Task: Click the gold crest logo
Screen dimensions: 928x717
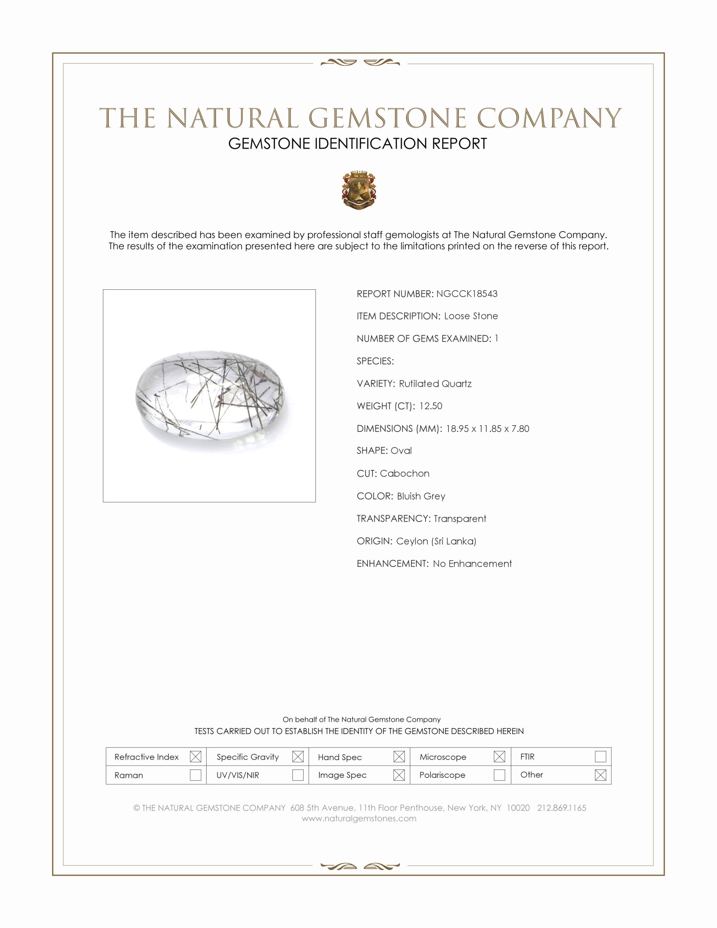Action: click(x=359, y=190)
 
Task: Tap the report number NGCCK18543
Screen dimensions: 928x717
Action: click(x=466, y=294)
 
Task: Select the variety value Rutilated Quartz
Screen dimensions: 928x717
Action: click(x=435, y=384)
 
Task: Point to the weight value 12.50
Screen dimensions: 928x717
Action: click(x=430, y=406)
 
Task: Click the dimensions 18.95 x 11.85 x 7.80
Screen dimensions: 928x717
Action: click(x=487, y=429)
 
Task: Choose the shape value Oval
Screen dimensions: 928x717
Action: click(x=401, y=451)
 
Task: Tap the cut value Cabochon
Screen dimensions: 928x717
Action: click(x=404, y=473)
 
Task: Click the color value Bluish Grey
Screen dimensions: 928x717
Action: click(x=421, y=496)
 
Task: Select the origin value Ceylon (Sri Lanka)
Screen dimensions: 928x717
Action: click(x=436, y=541)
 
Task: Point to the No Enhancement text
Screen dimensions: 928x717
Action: click(x=472, y=564)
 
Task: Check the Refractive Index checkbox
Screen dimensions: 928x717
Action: click(x=195, y=757)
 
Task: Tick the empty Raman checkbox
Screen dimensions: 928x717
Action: click(x=195, y=775)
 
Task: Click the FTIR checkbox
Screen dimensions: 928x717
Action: click(x=600, y=757)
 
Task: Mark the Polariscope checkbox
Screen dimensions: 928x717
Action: click(x=499, y=775)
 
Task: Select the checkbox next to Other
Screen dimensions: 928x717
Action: click(x=600, y=775)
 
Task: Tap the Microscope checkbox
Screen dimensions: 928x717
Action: click(x=499, y=757)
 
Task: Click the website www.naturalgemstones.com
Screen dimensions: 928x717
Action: click(x=359, y=818)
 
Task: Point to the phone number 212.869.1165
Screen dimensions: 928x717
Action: click(x=561, y=808)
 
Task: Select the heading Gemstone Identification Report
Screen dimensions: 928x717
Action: click(x=358, y=143)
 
